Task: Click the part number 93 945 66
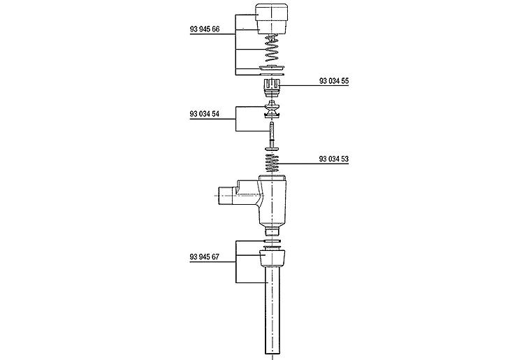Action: [x=205, y=29]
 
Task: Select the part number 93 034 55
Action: [x=334, y=81]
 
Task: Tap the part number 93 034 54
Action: [x=205, y=114]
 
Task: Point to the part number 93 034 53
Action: [x=334, y=159]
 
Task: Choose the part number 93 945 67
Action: [x=205, y=257]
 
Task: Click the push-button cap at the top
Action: [x=272, y=19]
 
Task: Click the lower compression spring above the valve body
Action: [x=272, y=164]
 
